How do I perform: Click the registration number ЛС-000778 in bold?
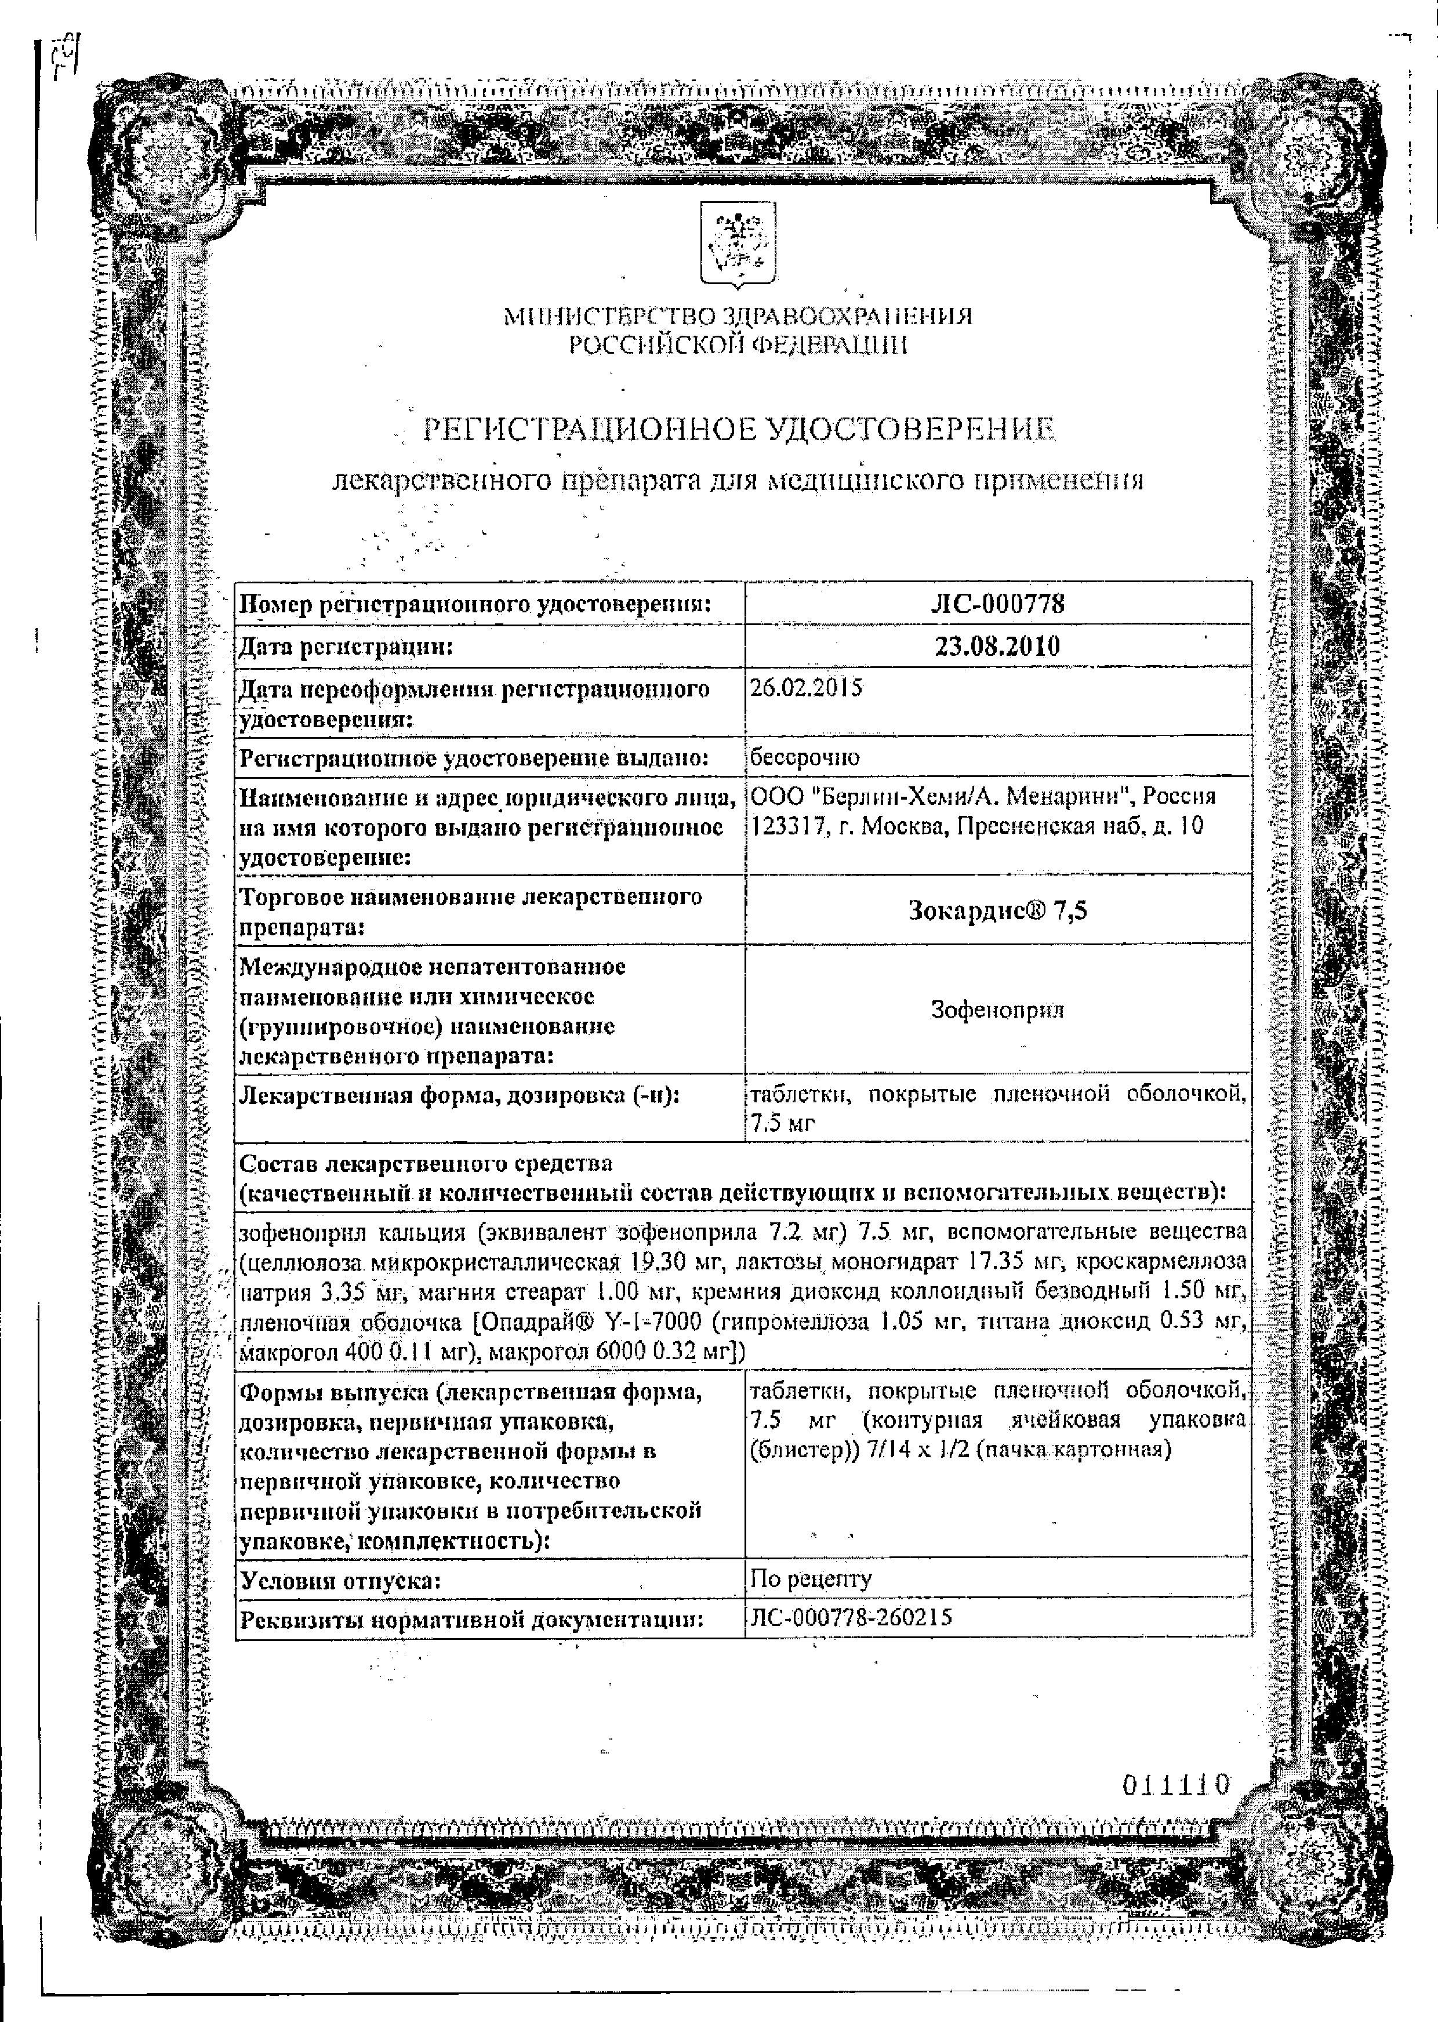click(x=997, y=604)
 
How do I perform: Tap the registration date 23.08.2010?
click(x=997, y=646)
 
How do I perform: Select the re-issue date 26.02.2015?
click(x=806, y=688)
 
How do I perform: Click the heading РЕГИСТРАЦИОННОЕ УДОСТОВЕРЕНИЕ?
click(x=739, y=430)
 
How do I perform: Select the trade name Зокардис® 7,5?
click(x=997, y=910)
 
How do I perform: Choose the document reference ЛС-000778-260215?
click(x=850, y=1617)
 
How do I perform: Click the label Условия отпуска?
click(x=340, y=1580)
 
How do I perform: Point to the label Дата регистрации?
click(x=346, y=647)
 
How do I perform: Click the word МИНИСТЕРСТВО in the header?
click(x=611, y=316)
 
